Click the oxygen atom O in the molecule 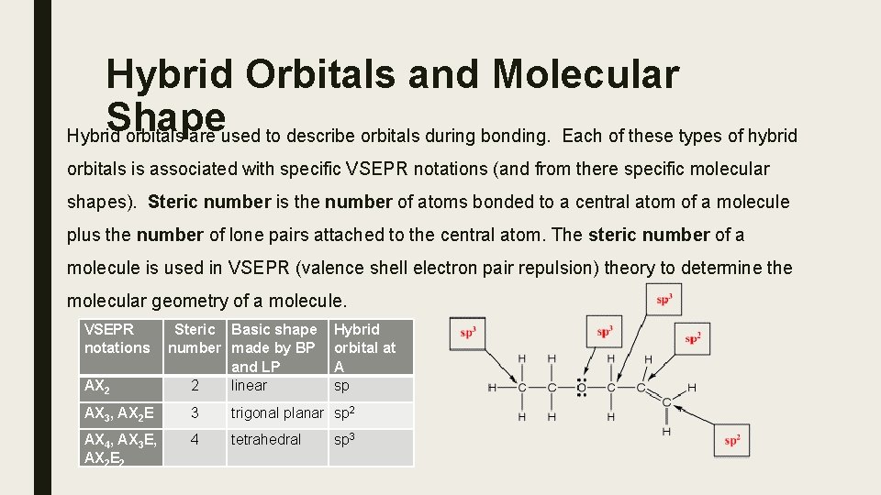point(581,388)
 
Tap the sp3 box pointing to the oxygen point(604,332)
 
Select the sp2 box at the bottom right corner point(731,440)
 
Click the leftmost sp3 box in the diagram point(468,333)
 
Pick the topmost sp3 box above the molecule point(664,299)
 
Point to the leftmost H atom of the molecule point(492,388)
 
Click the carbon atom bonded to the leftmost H point(522,388)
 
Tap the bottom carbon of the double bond point(665,403)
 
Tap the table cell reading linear point(249,386)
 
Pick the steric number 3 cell point(195,413)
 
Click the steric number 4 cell point(195,440)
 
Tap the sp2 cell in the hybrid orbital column point(345,412)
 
